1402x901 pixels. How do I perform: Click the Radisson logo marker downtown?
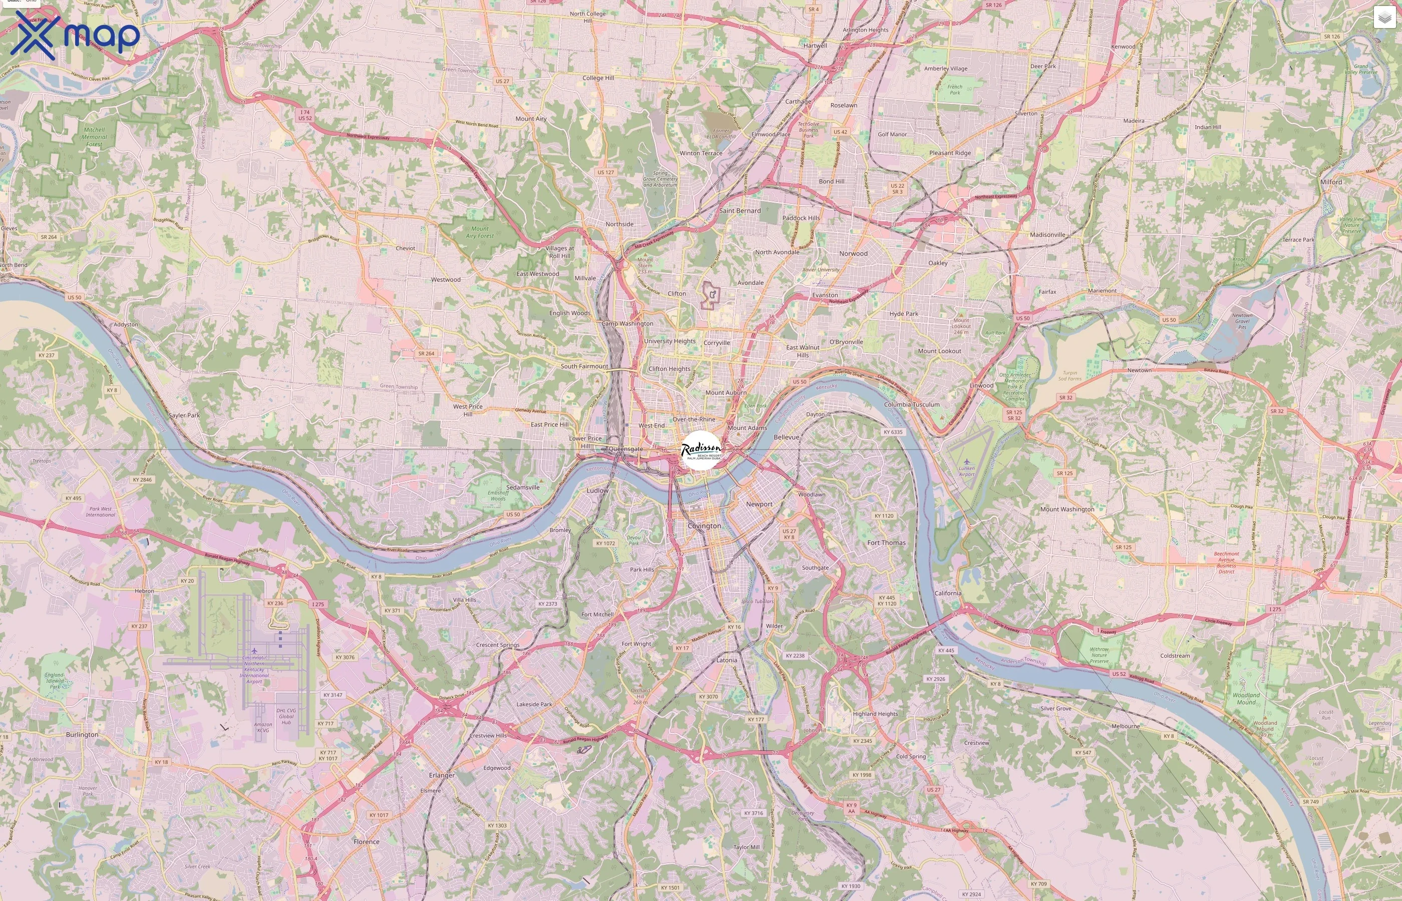[x=701, y=450]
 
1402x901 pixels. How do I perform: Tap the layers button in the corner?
[x=1384, y=18]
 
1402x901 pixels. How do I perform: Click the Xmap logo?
[x=75, y=35]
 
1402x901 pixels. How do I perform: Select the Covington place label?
[x=705, y=526]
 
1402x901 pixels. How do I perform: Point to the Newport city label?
[x=759, y=505]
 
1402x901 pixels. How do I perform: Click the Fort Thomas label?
[x=886, y=543]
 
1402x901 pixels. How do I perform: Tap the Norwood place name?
[x=853, y=254]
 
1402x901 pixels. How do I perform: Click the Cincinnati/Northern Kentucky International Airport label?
[x=254, y=669]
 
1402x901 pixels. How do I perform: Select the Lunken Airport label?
[x=967, y=471]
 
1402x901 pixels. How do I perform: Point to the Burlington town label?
[x=82, y=735]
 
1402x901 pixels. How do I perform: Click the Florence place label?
[x=367, y=842]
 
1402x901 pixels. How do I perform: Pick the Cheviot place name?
[x=405, y=249]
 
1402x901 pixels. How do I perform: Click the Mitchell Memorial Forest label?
[x=94, y=137]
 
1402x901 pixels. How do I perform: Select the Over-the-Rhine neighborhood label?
[x=693, y=419]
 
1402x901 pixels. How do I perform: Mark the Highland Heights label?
[x=875, y=714]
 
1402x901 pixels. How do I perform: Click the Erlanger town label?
[x=441, y=775]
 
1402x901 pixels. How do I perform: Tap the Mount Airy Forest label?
[x=480, y=232]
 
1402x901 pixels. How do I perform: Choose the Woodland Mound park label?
[x=1246, y=699]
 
